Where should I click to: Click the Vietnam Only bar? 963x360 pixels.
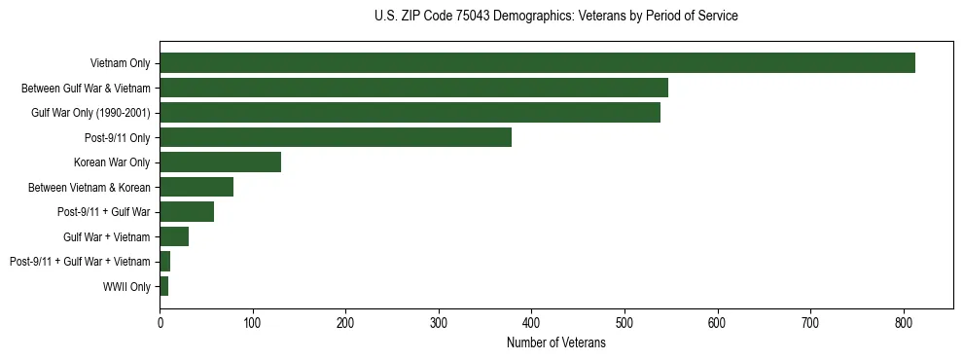pyautogui.click(x=537, y=63)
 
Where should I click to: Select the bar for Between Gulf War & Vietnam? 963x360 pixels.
pyautogui.click(x=413, y=88)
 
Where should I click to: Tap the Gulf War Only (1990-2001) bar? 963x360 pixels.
pyautogui.click(x=410, y=113)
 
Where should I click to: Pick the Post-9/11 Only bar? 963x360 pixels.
pyautogui.click(x=336, y=137)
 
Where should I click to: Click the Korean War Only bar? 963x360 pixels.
pyautogui.click(x=221, y=162)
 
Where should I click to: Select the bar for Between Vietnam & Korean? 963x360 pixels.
pyautogui.click(x=196, y=187)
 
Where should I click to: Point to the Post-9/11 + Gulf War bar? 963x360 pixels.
pyautogui.click(x=187, y=212)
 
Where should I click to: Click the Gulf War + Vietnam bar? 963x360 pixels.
pyautogui.click(x=174, y=236)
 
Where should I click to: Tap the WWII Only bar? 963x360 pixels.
pyautogui.click(x=164, y=286)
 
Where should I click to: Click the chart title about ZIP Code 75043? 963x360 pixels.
pyautogui.click(x=555, y=17)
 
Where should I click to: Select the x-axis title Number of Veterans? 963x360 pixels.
pyautogui.click(x=555, y=343)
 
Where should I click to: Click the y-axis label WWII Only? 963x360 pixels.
pyautogui.click(x=126, y=286)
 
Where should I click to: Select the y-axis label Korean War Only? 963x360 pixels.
pyautogui.click(x=112, y=162)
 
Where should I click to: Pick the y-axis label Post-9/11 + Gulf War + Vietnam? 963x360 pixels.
pyautogui.click(x=80, y=262)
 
